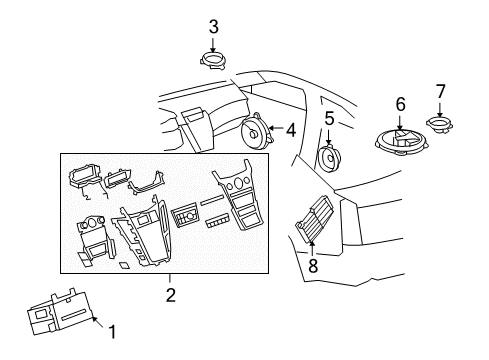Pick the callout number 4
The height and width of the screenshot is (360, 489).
tap(290, 128)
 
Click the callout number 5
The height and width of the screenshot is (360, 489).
tap(329, 118)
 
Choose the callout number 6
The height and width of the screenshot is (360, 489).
tap(400, 103)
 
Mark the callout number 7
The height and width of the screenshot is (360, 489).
tap(441, 92)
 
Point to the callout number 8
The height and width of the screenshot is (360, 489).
tap(312, 265)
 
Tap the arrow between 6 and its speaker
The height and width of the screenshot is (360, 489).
tap(400, 122)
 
